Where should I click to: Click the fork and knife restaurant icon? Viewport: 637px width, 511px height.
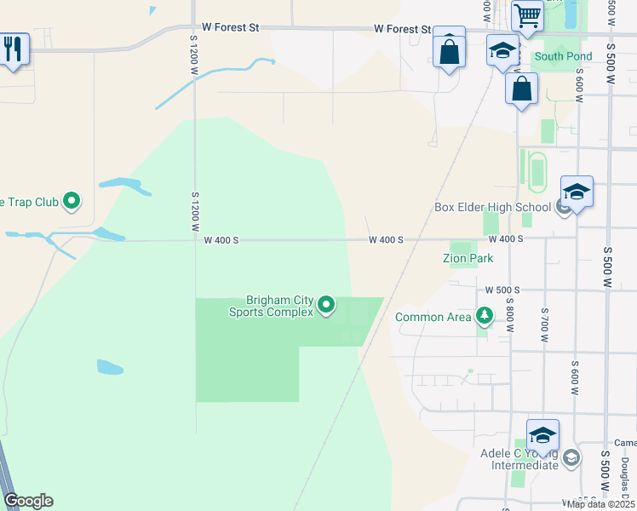click(13, 48)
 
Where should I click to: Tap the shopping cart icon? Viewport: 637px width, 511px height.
click(527, 15)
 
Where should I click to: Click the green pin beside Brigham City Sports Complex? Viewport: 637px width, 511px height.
click(326, 304)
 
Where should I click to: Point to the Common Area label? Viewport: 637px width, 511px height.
click(433, 318)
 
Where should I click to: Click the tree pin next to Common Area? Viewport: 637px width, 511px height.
click(485, 317)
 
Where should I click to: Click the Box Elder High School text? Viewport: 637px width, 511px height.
click(492, 207)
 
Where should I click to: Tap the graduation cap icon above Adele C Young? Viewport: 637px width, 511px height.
click(542, 435)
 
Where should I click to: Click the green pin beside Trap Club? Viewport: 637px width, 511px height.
click(72, 202)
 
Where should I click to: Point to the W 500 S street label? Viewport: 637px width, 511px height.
click(502, 290)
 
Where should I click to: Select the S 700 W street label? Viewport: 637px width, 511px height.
click(544, 321)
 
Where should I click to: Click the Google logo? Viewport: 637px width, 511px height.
click(28, 501)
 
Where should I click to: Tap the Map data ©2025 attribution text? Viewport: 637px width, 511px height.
click(600, 504)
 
